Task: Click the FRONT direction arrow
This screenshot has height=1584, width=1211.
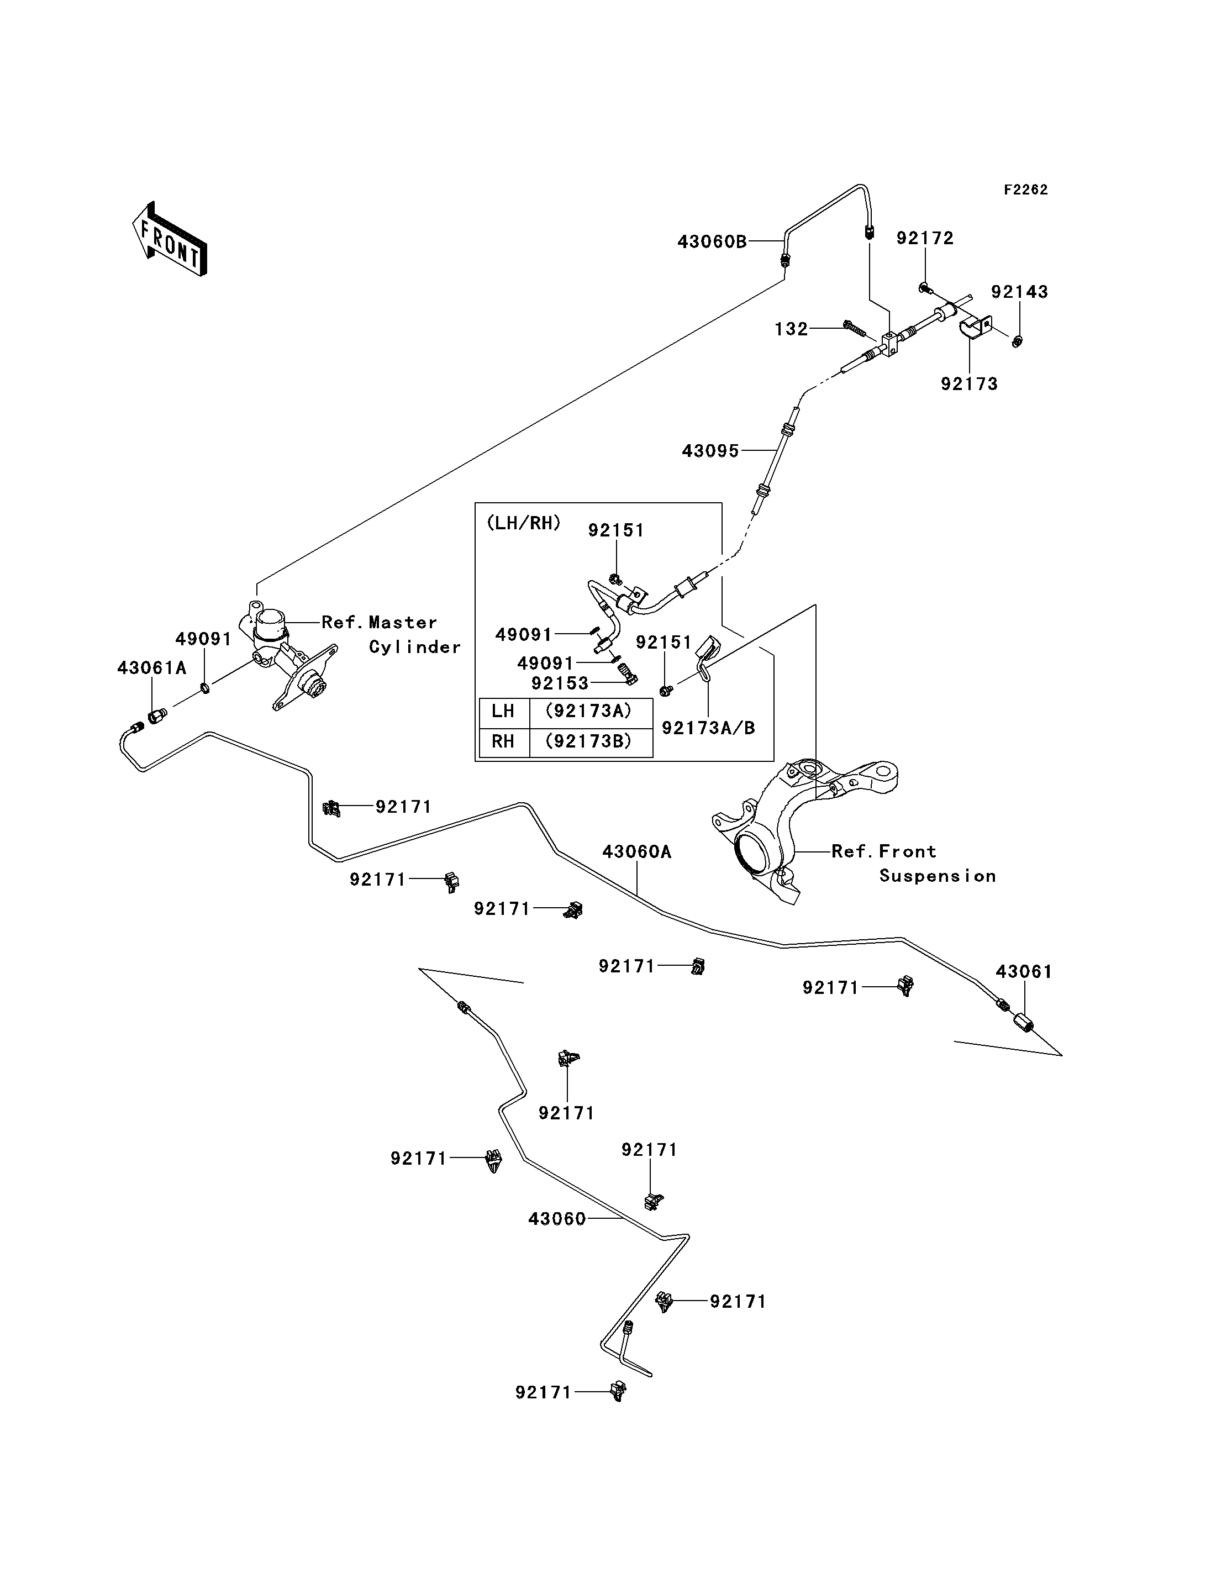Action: tap(170, 240)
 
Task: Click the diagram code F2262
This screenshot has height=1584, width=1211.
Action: tap(1026, 190)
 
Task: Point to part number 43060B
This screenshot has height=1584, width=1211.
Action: tap(712, 241)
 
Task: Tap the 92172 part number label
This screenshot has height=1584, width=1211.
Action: tap(925, 238)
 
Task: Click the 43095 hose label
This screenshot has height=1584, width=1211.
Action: tap(710, 451)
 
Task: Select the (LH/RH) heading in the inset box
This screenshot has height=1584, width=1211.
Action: tap(524, 523)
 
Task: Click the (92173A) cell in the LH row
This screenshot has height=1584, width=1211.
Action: tap(588, 711)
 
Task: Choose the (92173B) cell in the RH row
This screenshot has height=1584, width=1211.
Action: tap(588, 741)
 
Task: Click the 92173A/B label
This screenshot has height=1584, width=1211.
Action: tap(709, 728)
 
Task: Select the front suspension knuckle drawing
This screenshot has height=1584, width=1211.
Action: tap(804, 829)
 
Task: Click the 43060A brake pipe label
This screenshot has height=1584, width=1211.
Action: tap(636, 851)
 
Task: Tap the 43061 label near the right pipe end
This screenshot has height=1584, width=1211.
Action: tap(1024, 971)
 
